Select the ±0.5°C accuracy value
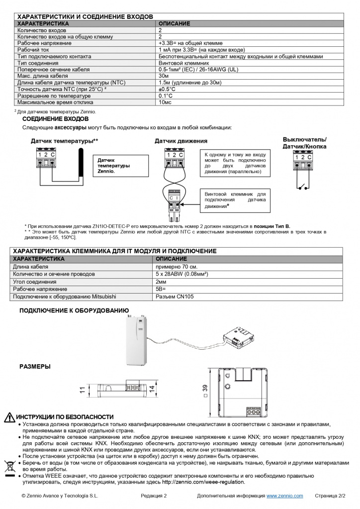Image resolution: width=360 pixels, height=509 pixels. pyautogui.click(x=167, y=89)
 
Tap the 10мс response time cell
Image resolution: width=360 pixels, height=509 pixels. pyautogui.click(x=165, y=102)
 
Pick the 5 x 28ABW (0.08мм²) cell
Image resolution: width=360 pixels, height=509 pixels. pyautogui.click(x=181, y=274)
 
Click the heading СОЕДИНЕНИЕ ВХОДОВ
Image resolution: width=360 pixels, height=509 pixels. pyautogui.click(x=56, y=119)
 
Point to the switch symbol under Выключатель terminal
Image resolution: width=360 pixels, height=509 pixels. pyautogui.click(x=303, y=187)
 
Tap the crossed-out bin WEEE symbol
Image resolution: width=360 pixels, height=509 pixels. pyautogui.click(x=9, y=466)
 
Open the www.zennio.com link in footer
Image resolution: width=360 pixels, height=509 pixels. pyautogui.click(x=284, y=496)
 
